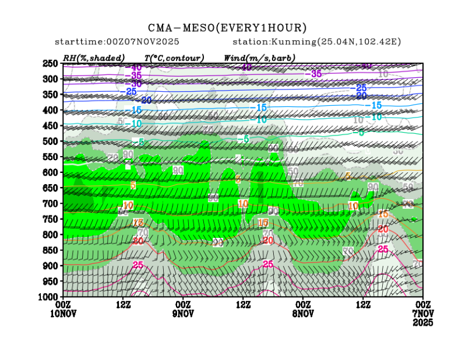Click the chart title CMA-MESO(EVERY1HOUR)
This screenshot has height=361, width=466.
click(x=227, y=27)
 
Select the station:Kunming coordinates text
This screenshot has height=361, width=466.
click(x=316, y=42)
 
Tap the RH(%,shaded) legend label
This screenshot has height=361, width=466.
click(x=93, y=58)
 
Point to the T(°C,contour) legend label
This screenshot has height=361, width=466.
click(x=174, y=58)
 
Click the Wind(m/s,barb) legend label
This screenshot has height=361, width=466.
click(x=259, y=58)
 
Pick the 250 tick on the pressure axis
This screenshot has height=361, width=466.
click(x=50, y=64)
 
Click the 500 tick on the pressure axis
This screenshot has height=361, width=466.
click(x=50, y=141)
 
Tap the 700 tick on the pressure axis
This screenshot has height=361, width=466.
click(x=50, y=203)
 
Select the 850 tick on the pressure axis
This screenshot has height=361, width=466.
click(x=50, y=250)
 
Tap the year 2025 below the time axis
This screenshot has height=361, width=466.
click(x=422, y=323)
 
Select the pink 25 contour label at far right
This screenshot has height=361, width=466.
click(x=383, y=249)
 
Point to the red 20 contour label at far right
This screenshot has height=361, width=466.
click(x=383, y=229)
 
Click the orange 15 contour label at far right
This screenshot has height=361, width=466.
click(x=383, y=214)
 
